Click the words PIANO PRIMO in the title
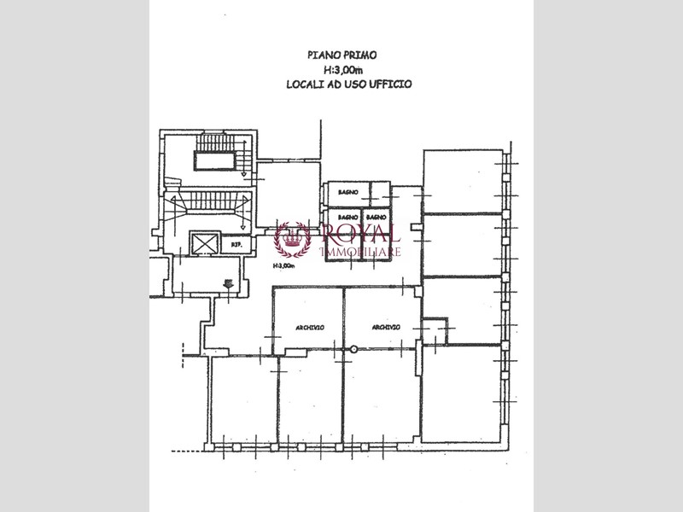(341, 55)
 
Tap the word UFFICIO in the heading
(392, 84)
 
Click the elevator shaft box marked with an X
(206, 243)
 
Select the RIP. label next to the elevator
(236, 245)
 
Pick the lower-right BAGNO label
(377, 218)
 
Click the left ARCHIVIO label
(308, 329)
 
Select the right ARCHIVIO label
(386, 328)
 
